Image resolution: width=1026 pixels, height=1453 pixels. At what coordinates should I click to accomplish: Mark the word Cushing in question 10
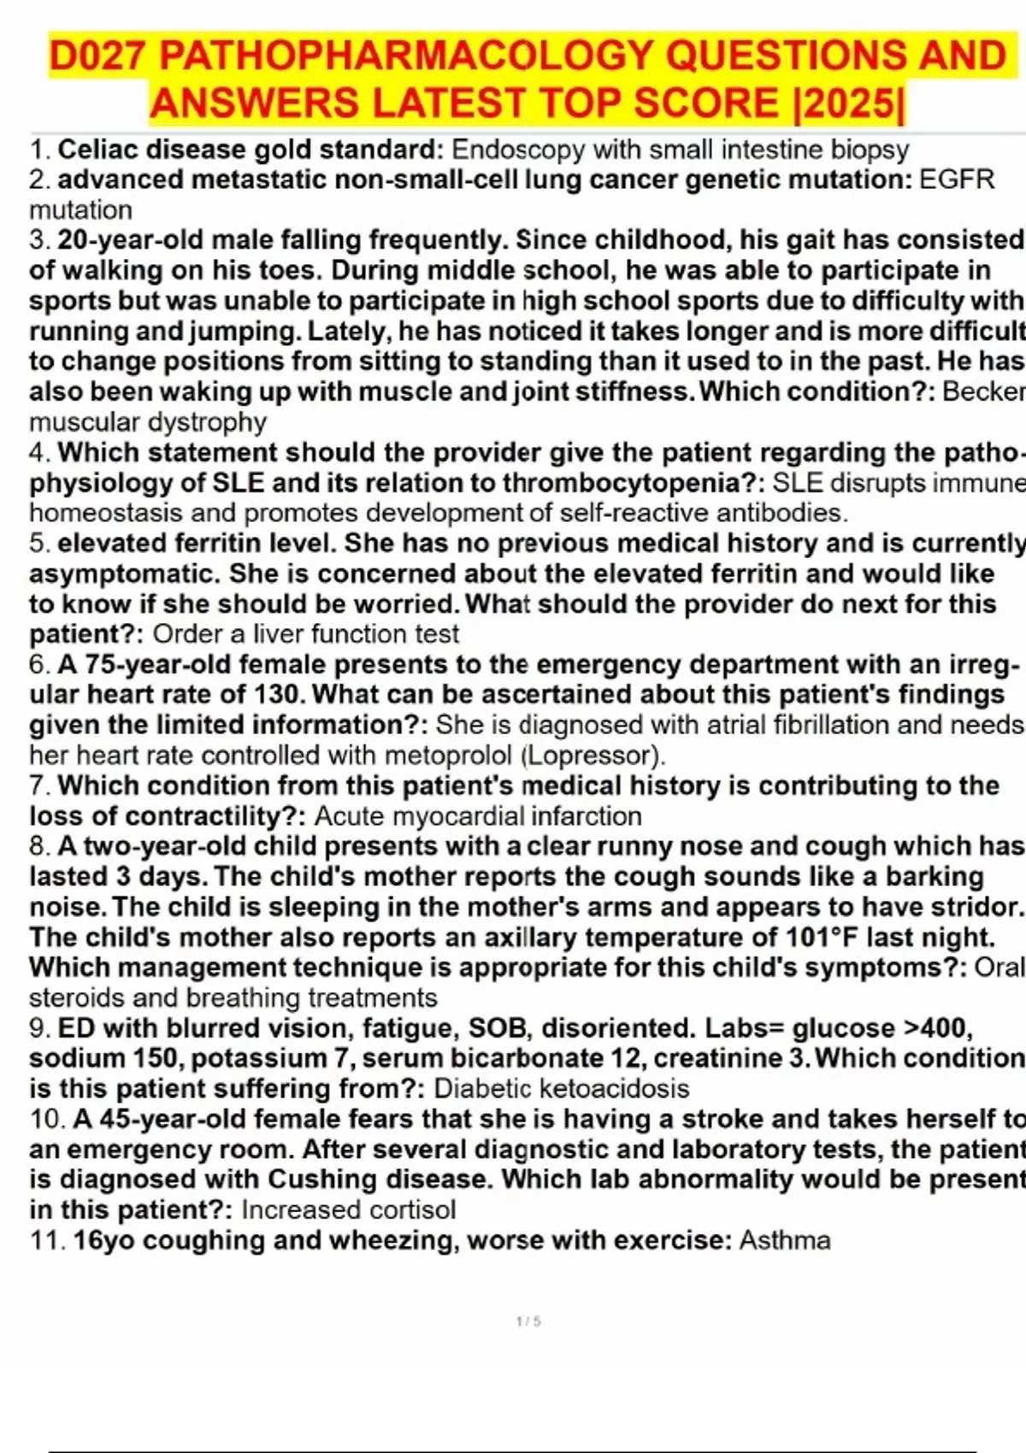(x=321, y=1179)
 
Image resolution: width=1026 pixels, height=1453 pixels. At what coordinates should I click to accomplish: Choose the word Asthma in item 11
(x=784, y=1240)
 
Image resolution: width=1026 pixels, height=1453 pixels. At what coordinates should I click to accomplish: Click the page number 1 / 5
(x=528, y=1321)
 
